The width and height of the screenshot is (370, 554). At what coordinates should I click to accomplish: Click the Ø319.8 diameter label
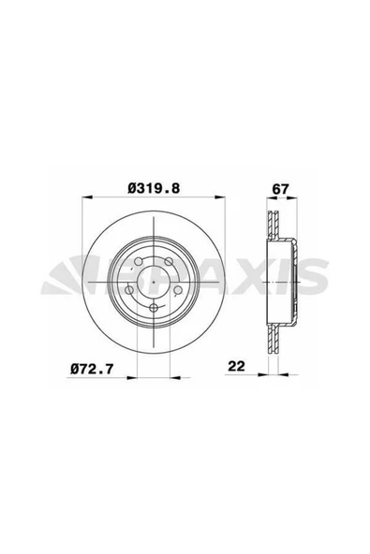click(154, 188)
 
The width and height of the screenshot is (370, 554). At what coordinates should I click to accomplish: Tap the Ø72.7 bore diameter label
click(92, 370)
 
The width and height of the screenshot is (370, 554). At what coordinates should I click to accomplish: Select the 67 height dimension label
click(280, 189)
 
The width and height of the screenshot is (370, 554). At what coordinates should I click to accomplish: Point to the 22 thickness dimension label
click(236, 366)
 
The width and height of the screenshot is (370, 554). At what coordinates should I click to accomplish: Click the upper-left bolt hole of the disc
click(139, 262)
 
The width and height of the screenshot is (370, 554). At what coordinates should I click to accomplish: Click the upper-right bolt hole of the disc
click(170, 262)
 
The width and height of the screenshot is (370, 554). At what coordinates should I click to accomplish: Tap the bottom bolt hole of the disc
click(154, 308)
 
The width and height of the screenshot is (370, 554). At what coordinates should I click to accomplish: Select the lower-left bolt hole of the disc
click(129, 290)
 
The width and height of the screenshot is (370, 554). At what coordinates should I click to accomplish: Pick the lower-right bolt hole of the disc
click(178, 290)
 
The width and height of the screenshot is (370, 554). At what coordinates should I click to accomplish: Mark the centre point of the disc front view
click(154, 282)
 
